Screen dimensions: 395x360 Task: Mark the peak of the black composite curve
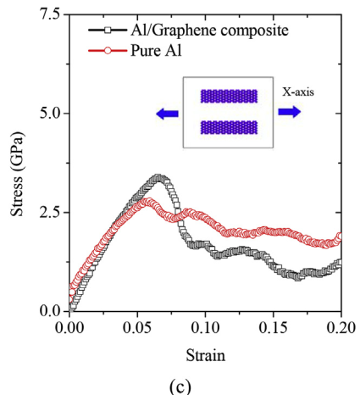pos(158,177)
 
